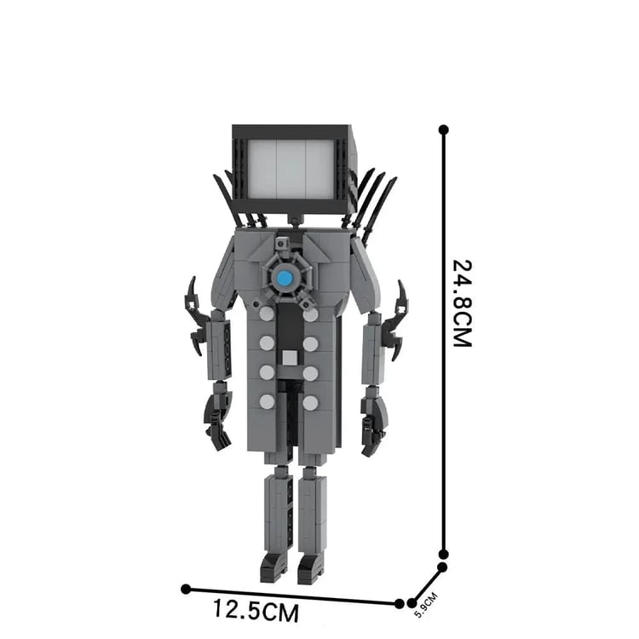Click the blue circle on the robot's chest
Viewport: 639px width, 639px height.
click(x=285, y=279)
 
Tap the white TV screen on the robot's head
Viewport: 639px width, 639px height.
click(x=291, y=170)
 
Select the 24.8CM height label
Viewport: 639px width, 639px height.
click(x=463, y=303)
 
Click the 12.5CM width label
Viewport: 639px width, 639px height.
click(x=256, y=610)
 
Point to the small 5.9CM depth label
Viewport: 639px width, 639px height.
click(x=425, y=604)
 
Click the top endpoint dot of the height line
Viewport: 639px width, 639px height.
click(x=444, y=130)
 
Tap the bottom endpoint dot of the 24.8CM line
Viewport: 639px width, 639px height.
click(x=444, y=555)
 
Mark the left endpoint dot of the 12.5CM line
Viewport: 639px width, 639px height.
click(x=186, y=589)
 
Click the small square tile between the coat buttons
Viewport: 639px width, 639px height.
click(x=290, y=358)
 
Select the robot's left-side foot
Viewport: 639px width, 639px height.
click(x=273, y=567)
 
